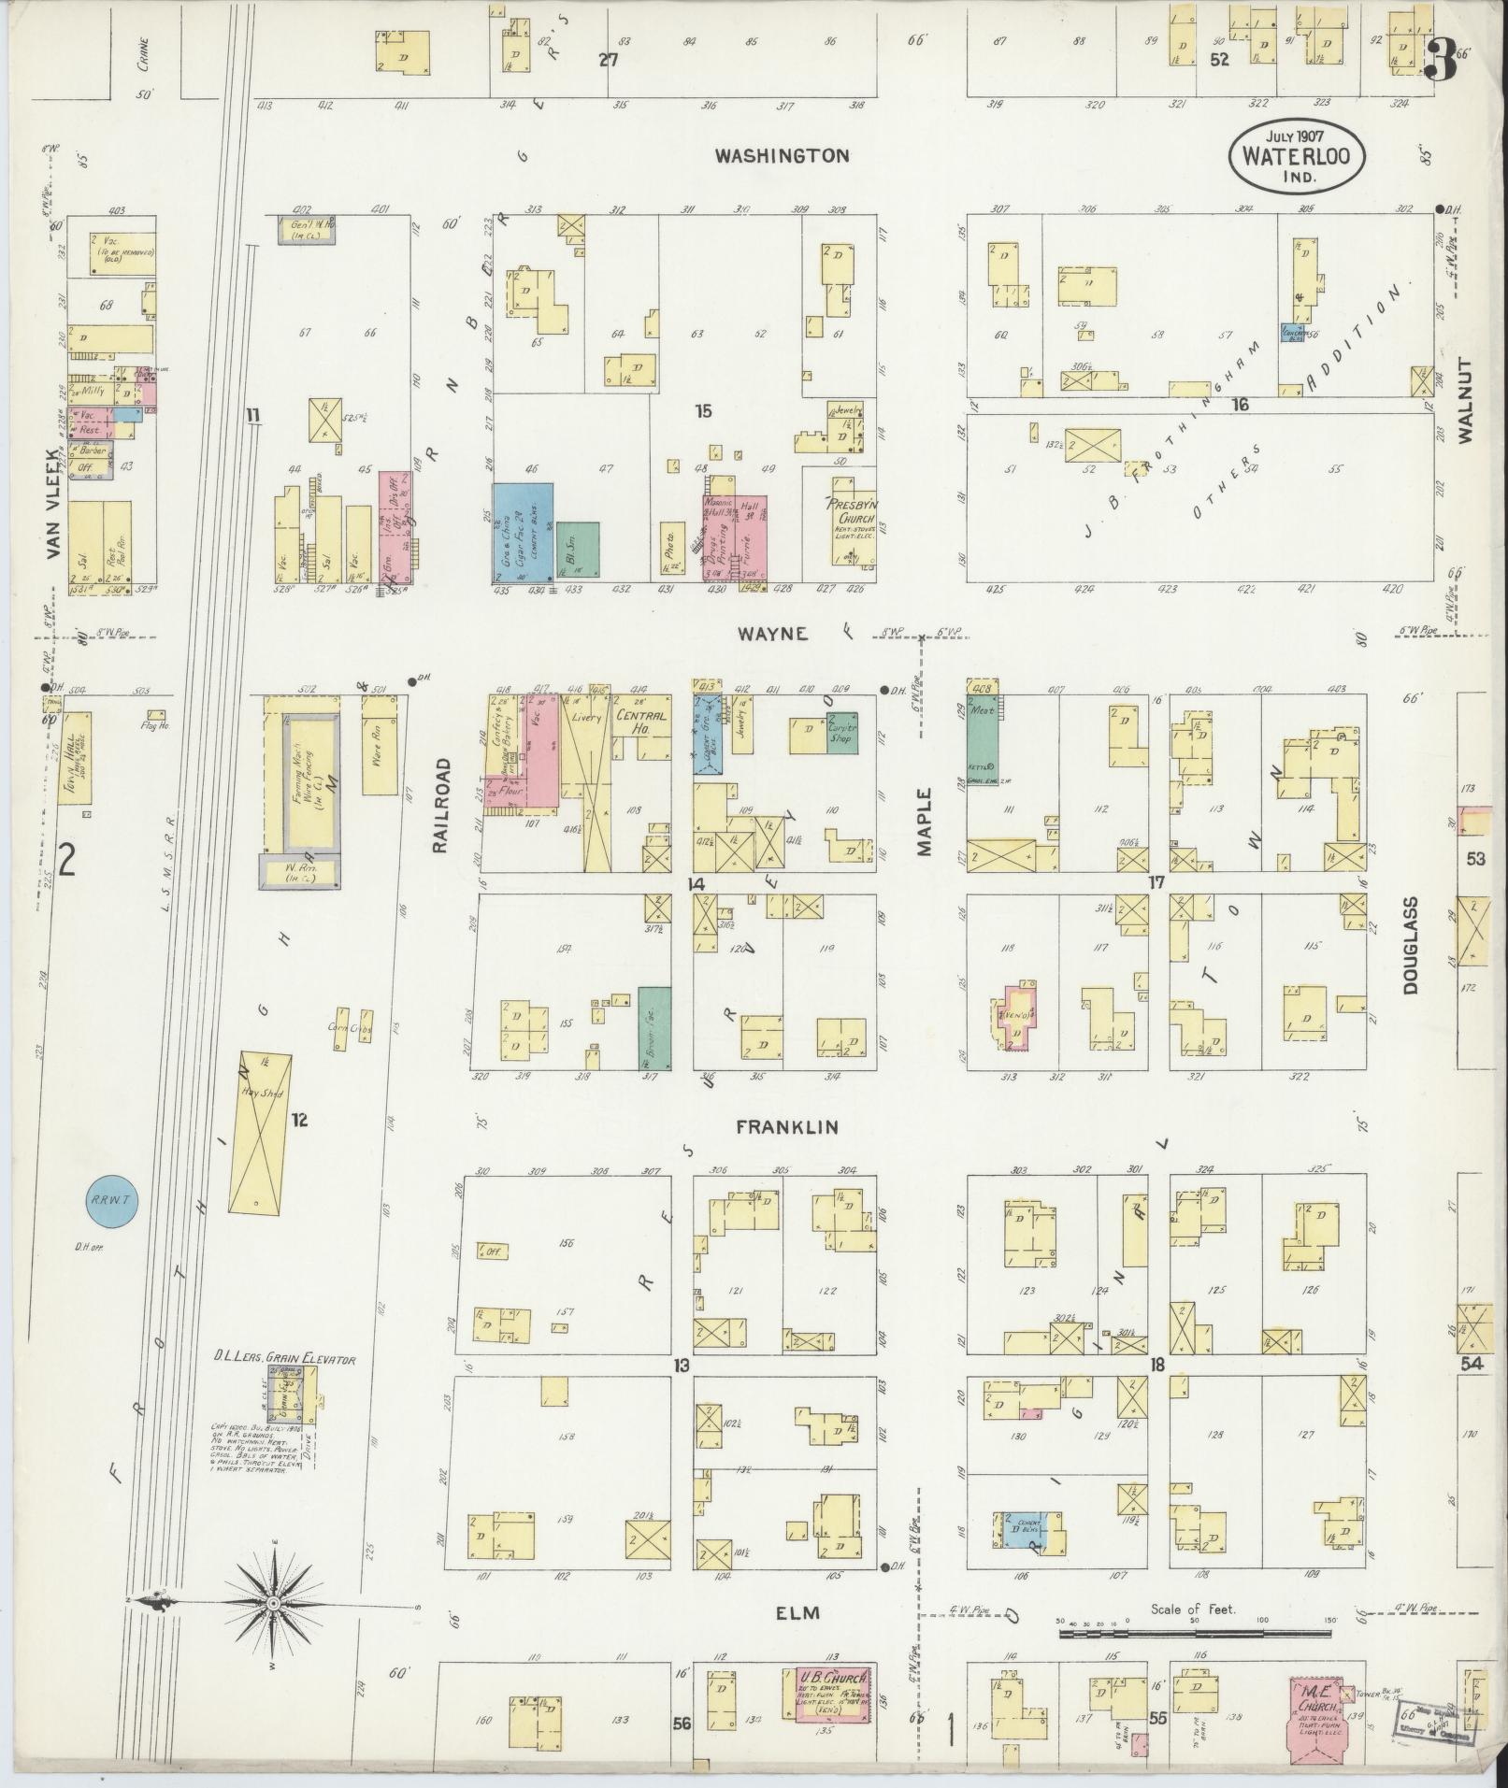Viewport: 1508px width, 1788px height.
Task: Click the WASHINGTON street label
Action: [782, 156]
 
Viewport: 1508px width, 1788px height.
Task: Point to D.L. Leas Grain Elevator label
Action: [284, 1360]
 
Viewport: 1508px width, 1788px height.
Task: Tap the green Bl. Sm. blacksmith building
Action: [578, 550]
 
